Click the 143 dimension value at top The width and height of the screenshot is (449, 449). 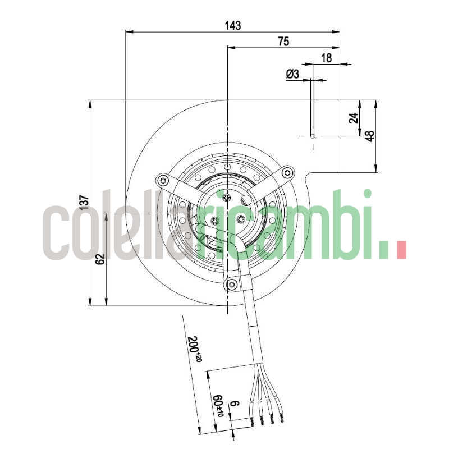pyautogui.click(x=232, y=25)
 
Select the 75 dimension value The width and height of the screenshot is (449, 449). pyautogui.click(x=283, y=41)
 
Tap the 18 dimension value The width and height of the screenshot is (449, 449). pyautogui.click(x=327, y=58)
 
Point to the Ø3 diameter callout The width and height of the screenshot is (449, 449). pyautogui.click(x=292, y=74)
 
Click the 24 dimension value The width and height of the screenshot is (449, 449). pyautogui.click(x=353, y=118)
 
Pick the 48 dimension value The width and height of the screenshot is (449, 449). pyautogui.click(x=370, y=135)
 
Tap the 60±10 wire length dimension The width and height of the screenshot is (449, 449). pyautogui.click(x=219, y=404)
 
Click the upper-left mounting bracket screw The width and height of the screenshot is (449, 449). pyautogui.click(x=163, y=180)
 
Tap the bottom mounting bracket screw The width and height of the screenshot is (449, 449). pyautogui.click(x=232, y=286)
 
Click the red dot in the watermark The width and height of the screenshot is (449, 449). pyautogui.click(x=401, y=250)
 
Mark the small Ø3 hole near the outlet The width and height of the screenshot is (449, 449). pyautogui.click(x=313, y=136)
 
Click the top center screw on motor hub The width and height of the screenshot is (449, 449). pyautogui.click(x=227, y=198)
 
